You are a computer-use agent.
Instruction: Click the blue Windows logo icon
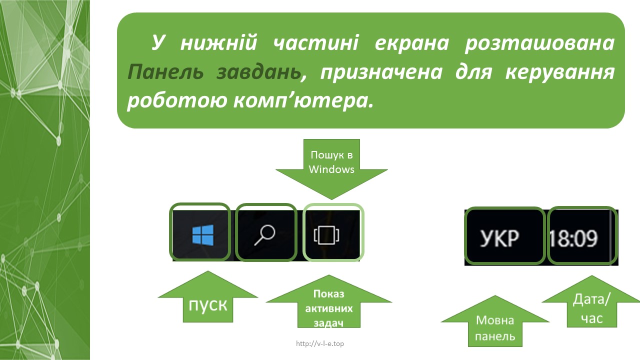[203, 235]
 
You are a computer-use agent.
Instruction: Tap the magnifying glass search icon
[265, 235]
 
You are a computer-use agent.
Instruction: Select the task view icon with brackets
[326, 235]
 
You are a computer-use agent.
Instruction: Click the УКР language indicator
[499, 238]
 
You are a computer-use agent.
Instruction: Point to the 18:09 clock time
[573, 238]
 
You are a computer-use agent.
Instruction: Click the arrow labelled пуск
[208, 296]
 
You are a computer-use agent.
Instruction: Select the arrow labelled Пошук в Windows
[331, 169]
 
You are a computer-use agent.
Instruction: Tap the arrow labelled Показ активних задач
[329, 301]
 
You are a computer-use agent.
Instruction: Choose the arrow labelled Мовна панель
[495, 321]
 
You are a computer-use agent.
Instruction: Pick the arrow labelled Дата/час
[591, 301]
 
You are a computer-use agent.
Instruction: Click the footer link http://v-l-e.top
[320, 343]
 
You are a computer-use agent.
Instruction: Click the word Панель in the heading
[165, 72]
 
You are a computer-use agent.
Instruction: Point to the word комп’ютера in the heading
[303, 101]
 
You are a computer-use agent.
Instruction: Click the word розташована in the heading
[539, 43]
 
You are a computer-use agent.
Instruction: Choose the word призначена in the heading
[381, 72]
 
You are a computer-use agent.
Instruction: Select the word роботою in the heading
[177, 101]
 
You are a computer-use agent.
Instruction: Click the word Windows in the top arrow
[331, 169]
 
